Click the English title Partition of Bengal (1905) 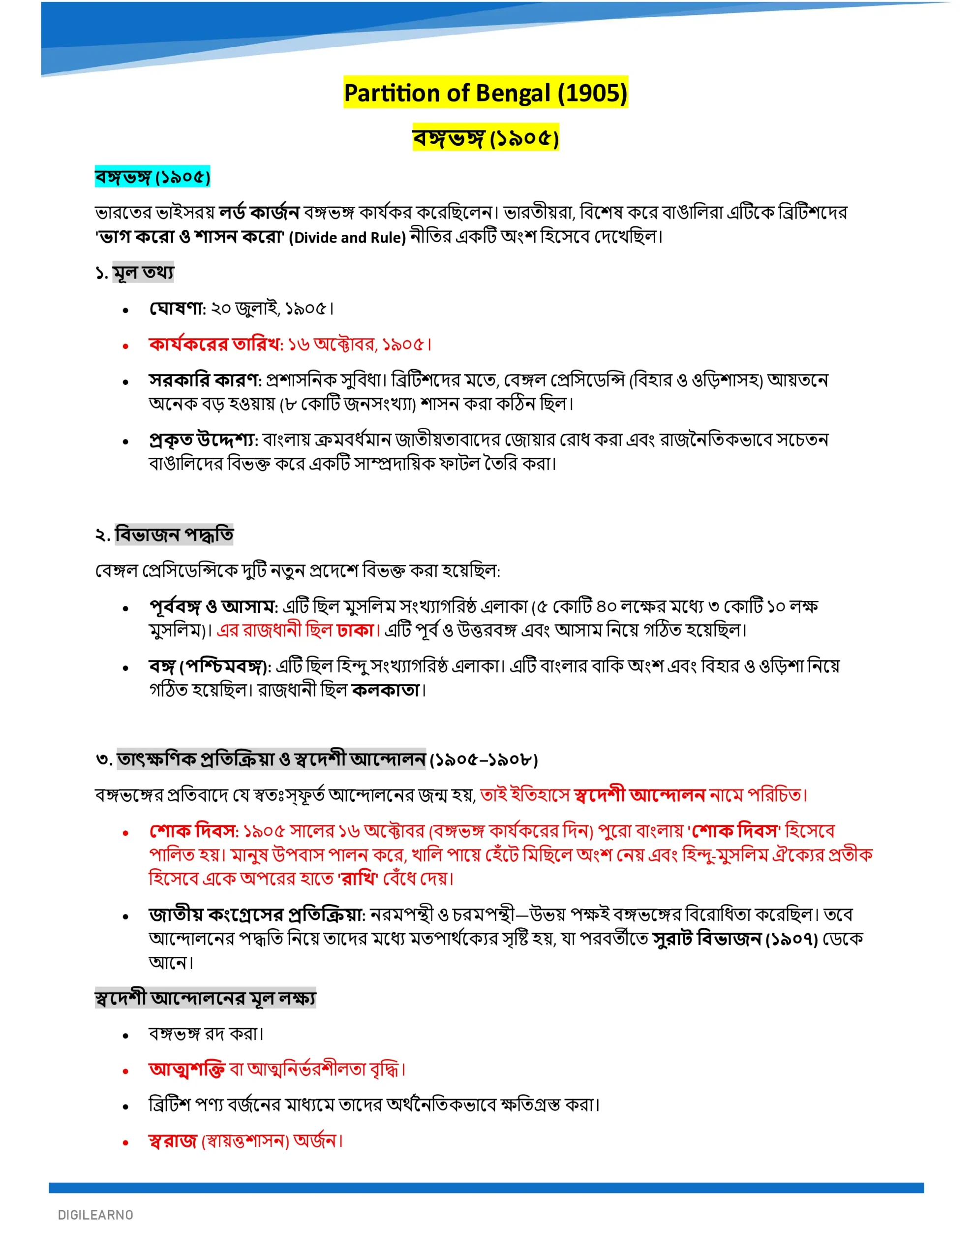point(485,93)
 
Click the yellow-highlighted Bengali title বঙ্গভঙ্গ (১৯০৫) point(485,138)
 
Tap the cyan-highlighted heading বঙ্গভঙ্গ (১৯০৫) point(152,177)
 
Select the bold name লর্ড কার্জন point(258,213)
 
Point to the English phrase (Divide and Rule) point(347,237)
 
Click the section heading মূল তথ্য point(143,272)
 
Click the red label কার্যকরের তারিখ point(215,345)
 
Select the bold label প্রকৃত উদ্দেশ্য point(203,440)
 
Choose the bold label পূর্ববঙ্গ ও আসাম point(212,606)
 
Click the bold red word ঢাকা point(356,630)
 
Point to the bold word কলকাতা point(386,690)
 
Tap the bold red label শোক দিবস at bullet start point(193,831)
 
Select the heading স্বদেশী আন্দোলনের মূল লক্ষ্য point(205,998)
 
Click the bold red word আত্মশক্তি point(186,1069)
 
